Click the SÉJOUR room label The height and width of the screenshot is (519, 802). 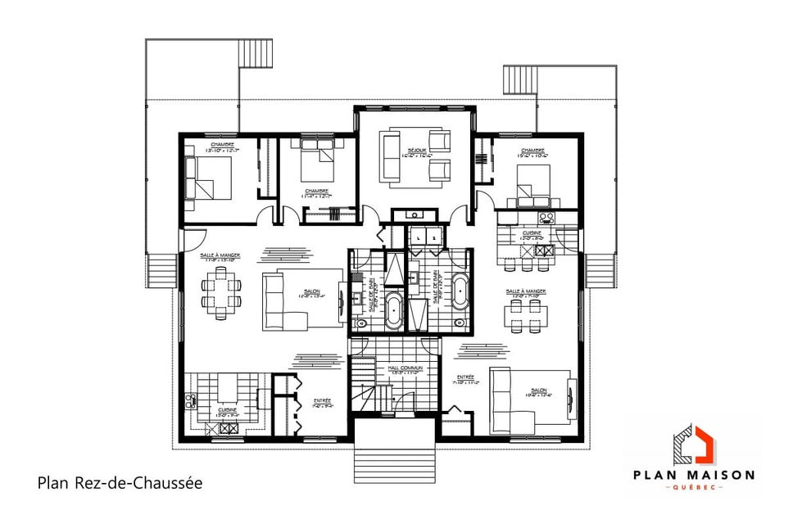tap(417, 150)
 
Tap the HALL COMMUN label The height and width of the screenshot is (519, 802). tap(406, 369)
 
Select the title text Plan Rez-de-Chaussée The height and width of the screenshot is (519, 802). tap(120, 483)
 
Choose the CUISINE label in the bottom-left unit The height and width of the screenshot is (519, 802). tap(227, 410)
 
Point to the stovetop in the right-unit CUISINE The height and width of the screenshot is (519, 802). tap(546, 218)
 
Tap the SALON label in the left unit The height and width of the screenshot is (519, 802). tap(311, 292)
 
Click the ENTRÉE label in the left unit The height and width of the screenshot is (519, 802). tap(323, 401)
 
